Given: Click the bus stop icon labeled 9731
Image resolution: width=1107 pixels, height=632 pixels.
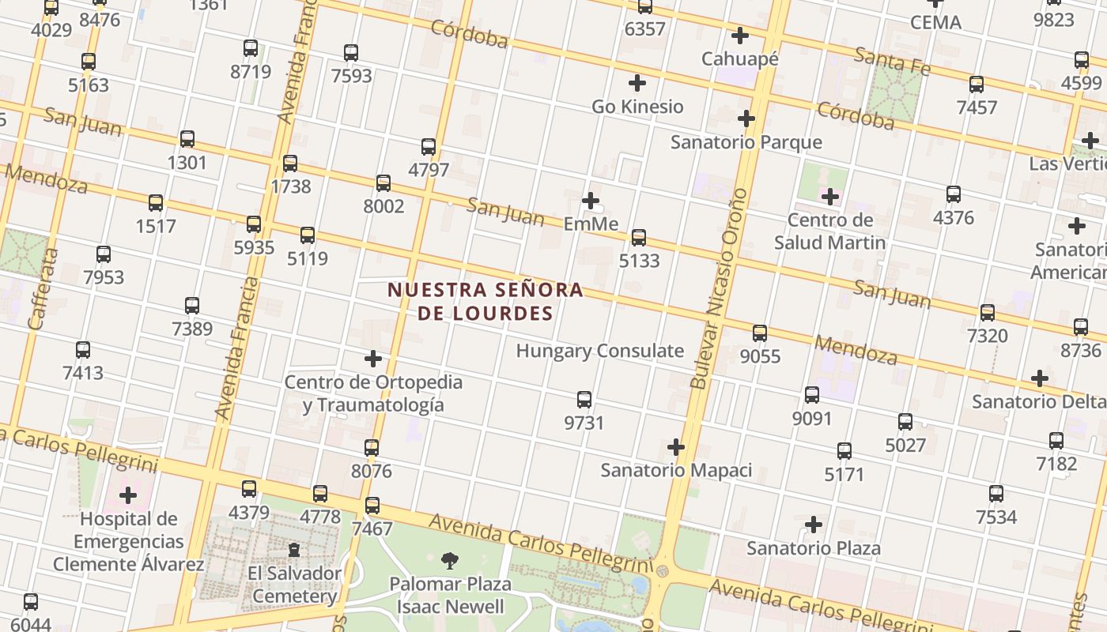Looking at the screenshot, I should pyautogui.click(x=584, y=400).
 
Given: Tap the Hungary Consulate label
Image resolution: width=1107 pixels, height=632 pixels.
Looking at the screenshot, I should pyautogui.click(x=599, y=351).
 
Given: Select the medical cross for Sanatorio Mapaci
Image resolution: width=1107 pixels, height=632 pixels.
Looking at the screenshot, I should pyautogui.click(x=675, y=447).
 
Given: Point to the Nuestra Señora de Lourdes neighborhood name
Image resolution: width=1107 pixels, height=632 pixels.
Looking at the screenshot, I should pyautogui.click(x=485, y=302).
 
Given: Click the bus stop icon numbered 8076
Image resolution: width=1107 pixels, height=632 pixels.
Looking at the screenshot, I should pyautogui.click(x=372, y=448).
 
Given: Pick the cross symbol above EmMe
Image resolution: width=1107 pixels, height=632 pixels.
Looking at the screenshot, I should pyautogui.click(x=590, y=201).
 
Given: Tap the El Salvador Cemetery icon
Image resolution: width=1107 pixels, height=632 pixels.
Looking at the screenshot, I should pyautogui.click(x=294, y=549).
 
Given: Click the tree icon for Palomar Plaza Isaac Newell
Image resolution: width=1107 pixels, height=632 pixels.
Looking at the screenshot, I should pyautogui.click(x=450, y=561).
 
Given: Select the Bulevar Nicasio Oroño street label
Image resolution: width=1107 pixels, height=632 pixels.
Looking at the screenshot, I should pyautogui.click(x=718, y=288).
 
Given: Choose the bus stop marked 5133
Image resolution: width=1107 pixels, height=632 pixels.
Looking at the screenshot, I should pyautogui.click(x=638, y=237).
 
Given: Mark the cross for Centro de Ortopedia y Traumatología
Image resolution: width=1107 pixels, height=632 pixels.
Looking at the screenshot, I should pyautogui.click(x=373, y=359).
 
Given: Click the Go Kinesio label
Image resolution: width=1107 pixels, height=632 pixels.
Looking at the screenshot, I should pyautogui.click(x=637, y=106).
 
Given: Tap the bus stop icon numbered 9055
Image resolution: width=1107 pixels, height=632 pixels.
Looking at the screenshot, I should pyautogui.click(x=760, y=333).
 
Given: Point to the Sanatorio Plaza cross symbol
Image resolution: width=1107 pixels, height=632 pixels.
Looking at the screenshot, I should pyautogui.click(x=813, y=525).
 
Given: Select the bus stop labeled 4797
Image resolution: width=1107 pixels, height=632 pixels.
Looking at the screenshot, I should pyautogui.click(x=429, y=146).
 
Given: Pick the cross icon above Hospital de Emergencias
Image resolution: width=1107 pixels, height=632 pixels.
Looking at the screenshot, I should pyautogui.click(x=127, y=496).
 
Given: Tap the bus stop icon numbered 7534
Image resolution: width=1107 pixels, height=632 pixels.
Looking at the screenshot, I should pyautogui.click(x=996, y=494).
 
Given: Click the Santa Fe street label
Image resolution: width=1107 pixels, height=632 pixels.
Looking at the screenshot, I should pyautogui.click(x=892, y=61).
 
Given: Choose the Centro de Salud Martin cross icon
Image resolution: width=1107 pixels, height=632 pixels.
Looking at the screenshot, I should pyautogui.click(x=829, y=196).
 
